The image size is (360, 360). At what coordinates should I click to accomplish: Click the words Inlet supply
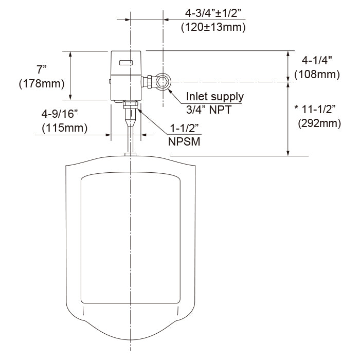click(x=215, y=96)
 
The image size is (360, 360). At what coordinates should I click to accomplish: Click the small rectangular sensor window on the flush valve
click(x=127, y=64)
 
